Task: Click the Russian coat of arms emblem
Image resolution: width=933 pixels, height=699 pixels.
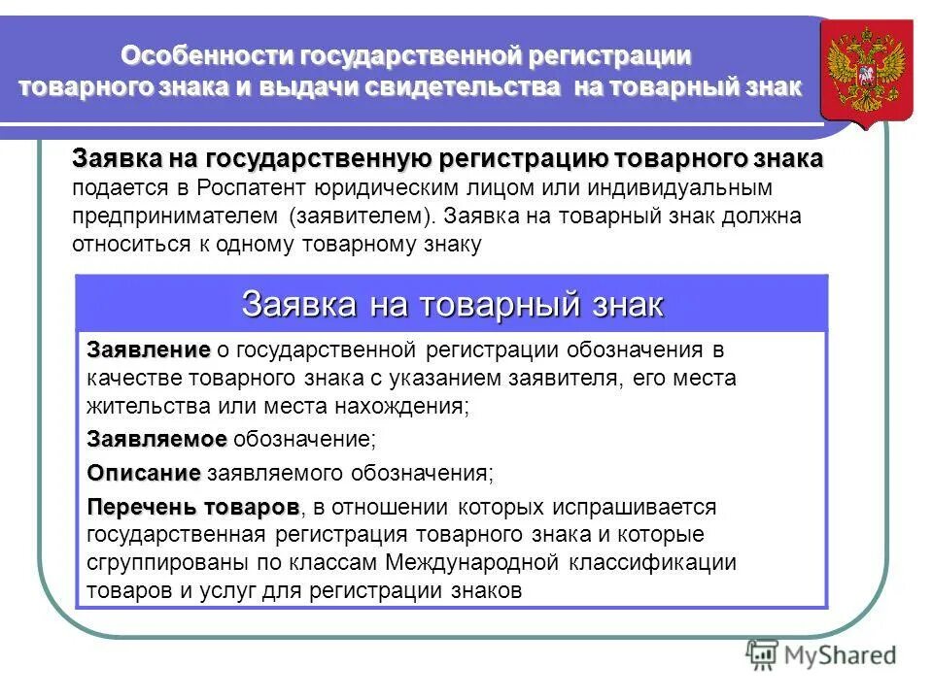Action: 867,69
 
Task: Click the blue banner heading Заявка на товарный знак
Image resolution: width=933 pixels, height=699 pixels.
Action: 452,304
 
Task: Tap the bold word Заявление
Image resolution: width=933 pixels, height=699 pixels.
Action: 148,349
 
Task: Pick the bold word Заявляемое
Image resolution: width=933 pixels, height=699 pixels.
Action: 156,440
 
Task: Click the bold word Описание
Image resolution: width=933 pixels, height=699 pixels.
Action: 144,474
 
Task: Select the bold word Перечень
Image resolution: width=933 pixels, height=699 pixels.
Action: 142,508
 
